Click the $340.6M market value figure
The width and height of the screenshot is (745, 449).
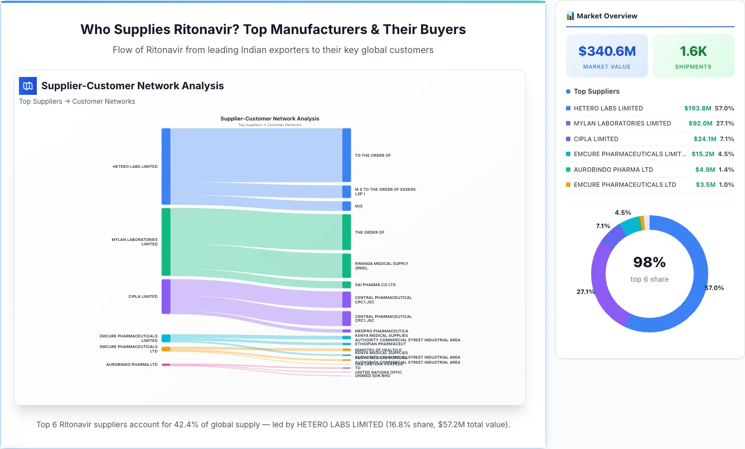607,51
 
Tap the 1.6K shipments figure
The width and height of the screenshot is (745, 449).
693,51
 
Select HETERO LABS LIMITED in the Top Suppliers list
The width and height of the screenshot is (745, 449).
608,108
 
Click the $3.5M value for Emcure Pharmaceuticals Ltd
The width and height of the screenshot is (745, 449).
705,185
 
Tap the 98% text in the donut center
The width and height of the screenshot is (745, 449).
649,262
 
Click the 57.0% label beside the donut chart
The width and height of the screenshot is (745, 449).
714,288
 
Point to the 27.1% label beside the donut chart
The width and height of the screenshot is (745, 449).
586,292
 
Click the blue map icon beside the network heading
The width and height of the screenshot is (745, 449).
28,86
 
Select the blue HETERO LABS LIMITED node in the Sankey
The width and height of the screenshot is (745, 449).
166,166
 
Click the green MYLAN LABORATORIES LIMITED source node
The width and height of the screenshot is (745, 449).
166,242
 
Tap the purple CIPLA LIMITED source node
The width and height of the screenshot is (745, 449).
166,296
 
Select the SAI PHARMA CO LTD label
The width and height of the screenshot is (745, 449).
375,285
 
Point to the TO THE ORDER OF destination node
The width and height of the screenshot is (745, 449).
346,155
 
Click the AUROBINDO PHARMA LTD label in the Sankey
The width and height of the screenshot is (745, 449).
132,365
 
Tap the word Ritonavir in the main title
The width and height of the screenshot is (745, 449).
186,30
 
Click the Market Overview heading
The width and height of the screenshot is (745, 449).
607,16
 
